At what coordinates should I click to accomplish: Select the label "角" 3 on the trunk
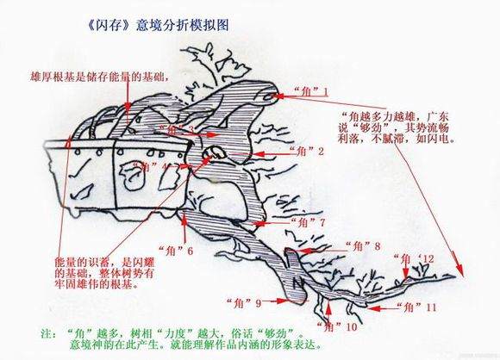[x=176, y=130]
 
